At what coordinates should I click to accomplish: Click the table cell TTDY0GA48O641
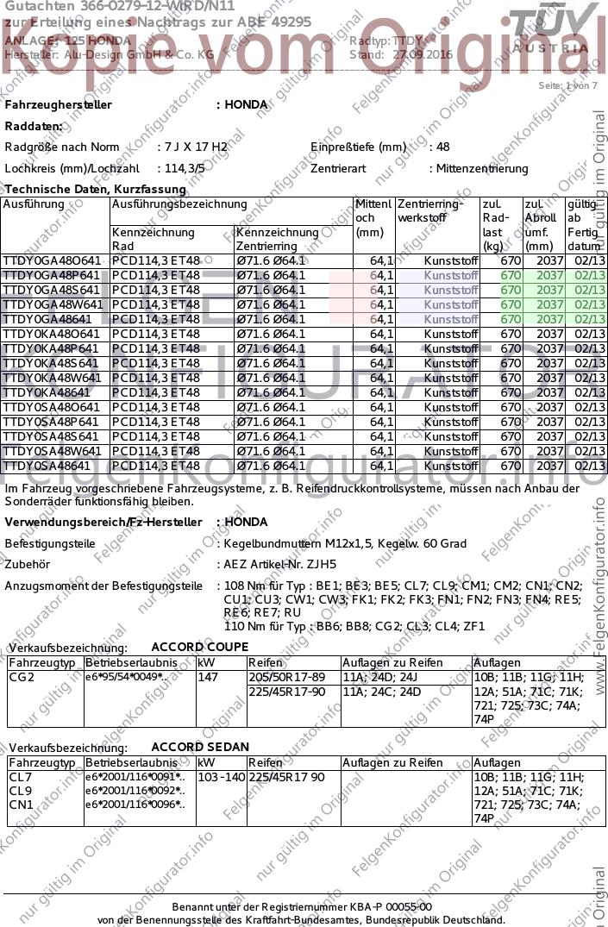pyautogui.click(x=53, y=260)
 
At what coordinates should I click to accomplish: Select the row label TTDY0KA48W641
pyautogui.click(x=53, y=378)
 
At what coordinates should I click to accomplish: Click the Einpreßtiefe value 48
pyautogui.click(x=442, y=147)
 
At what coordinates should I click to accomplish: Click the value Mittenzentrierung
pyautogui.click(x=482, y=169)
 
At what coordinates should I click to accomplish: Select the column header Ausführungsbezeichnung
pyautogui.click(x=179, y=204)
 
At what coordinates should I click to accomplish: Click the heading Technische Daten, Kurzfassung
pyautogui.click(x=96, y=189)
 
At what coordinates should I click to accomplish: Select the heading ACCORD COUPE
pyautogui.click(x=199, y=647)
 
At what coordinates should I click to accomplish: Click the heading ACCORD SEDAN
pyautogui.click(x=199, y=747)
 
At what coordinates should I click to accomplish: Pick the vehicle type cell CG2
pyautogui.click(x=22, y=678)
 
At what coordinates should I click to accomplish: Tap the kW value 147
pyautogui.click(x=207, y=678)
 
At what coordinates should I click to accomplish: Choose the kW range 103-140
pyautogui.click(x=220, y=778)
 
